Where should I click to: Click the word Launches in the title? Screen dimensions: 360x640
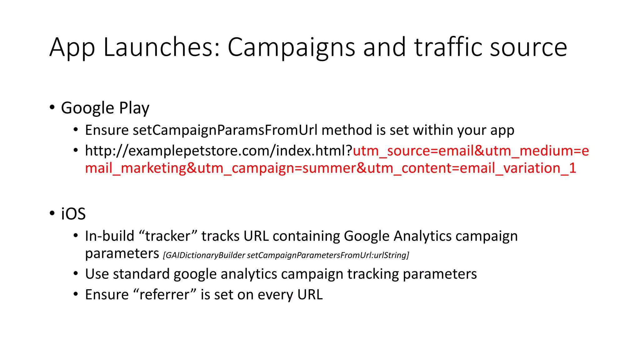[161, 47]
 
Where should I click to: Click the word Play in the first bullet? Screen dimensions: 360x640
[134, 108]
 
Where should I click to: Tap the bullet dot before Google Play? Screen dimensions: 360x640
[52, 107]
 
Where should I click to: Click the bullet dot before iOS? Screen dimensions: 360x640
[52, 213]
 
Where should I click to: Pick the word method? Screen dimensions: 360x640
[347, 130]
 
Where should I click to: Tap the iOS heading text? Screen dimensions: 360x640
[73, 214]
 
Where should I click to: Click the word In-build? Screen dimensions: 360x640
[109, 236]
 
